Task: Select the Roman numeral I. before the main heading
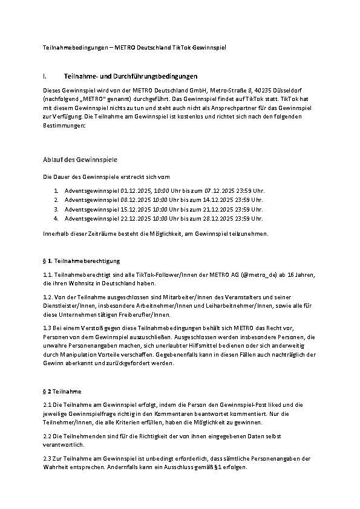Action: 46,76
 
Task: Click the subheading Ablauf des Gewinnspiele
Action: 80,160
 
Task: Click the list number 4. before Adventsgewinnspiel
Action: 55,218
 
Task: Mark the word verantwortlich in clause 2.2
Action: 63,445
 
